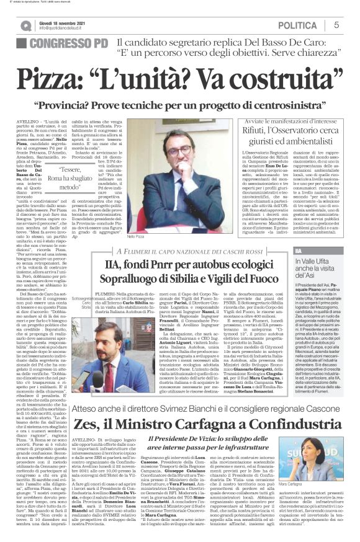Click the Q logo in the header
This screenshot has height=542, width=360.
pyautogui.click(x=25, y=25)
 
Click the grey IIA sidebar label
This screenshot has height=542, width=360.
pyautogui.click(x=299, y=251)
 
